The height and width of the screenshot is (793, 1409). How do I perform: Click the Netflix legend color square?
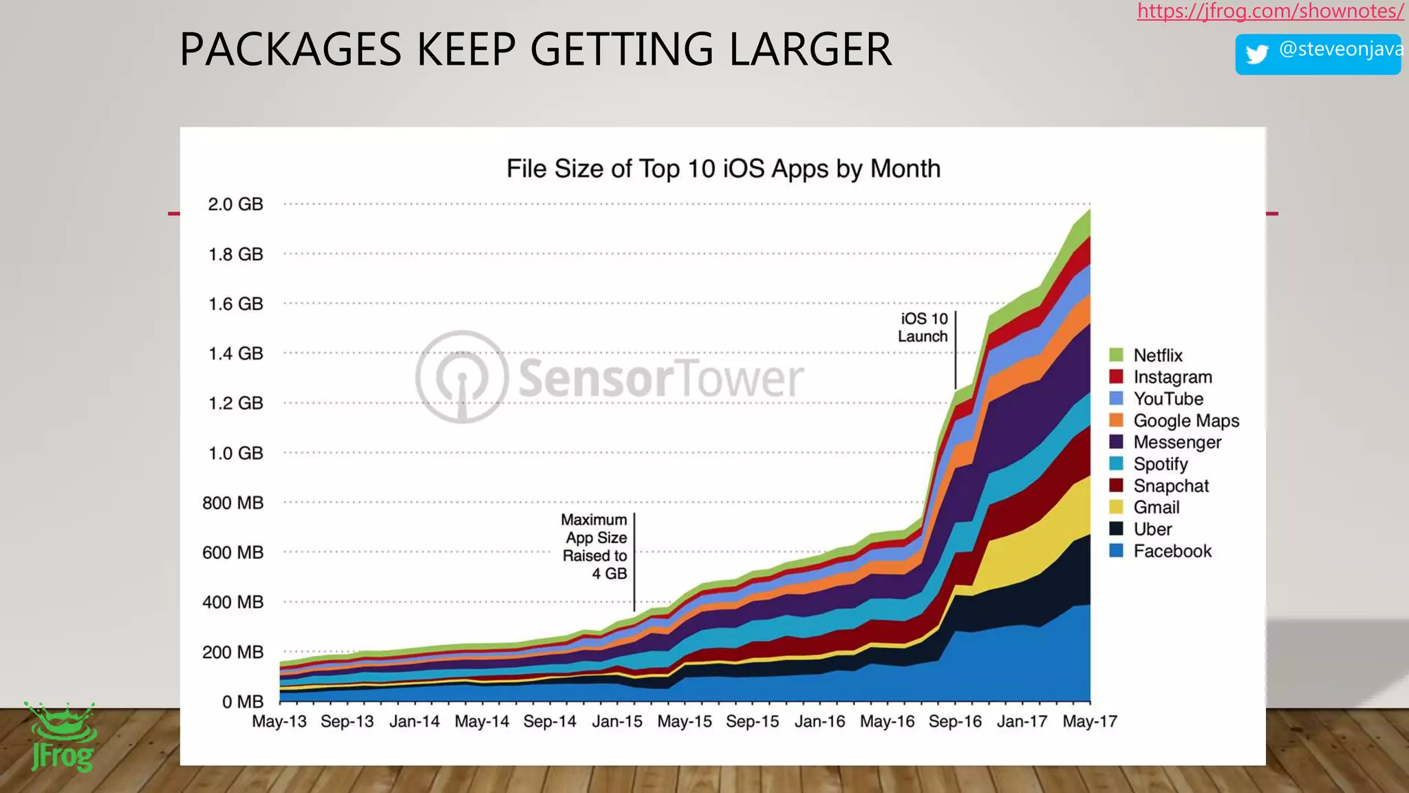pyautogui.click(x=1116, y=355)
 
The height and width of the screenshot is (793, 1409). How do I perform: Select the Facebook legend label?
pyautogui.click(x=1172, y=551)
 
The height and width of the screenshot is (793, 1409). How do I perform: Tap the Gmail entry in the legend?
pyautogui.click(x=1156, y=507)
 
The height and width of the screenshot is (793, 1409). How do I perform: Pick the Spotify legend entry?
pyautogui.click(x=1160, y=464)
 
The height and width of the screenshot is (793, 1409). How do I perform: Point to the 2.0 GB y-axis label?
pyautogui.click(x=235, y=204)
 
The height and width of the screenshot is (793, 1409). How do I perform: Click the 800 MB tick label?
pyautogui.click(x=233, y=503)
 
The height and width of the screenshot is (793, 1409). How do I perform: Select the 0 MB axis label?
pyautogui.click(x=242, y=701)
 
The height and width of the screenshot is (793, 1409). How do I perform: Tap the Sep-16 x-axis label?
pyautogui.click(x=955, y=721)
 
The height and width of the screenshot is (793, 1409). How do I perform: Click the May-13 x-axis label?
pyautogui.click(x=279, y=721)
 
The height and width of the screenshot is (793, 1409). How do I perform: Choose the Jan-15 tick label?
pyautogui.click(x=617, y=721)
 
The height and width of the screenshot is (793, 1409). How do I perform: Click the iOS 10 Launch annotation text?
pyautogui.click(x=923, y=328)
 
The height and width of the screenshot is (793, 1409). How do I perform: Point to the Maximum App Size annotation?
pyautogui.click(x=594, y=547)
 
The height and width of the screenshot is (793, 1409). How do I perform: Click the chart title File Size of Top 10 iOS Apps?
pyautogui.click(x=723, y=169)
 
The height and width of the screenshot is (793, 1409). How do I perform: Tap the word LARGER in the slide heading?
pyautogui.click(x=810, y=50)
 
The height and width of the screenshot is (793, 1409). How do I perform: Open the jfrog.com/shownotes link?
pyautogui.click(x=1270, y=11)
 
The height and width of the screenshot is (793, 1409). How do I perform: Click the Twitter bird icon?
pyautogui.click(x=1257, y=54)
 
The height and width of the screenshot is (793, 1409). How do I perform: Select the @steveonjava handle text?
pyautogui.click(x=1340, y=50)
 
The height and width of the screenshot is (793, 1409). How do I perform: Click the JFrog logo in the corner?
pyautogui.click(x=62, y=737)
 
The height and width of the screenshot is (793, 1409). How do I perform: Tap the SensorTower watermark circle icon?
pyautogui.click(x=462, y=377)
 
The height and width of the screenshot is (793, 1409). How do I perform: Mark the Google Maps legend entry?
pyautogui.click(x=1186, y=421)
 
